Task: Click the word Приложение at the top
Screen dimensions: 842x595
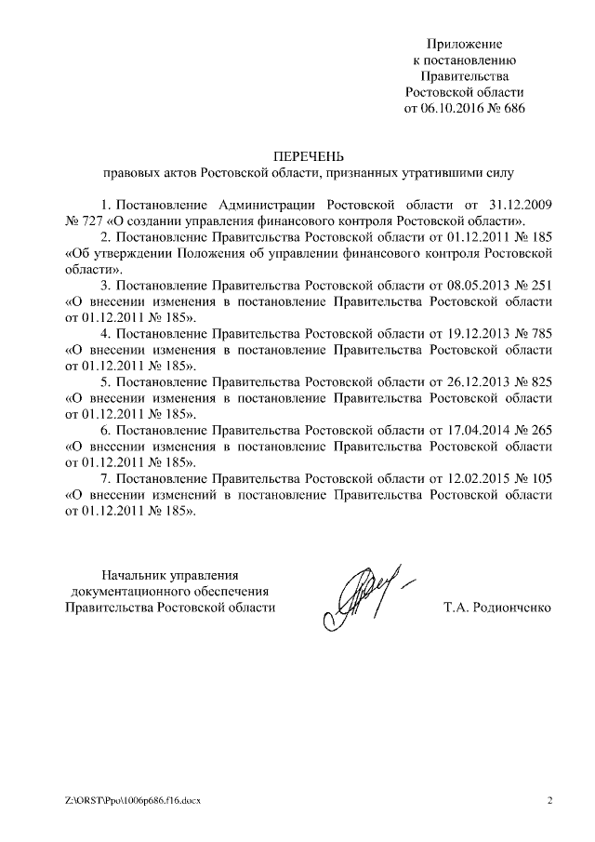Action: click(x=464, y=44)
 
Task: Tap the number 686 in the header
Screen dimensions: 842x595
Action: click(x=513, y=107)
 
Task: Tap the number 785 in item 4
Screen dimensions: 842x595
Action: click(x=540, y=334)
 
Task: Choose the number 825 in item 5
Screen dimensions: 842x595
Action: click(x=540, y=383)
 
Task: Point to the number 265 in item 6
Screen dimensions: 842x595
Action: click(x=540, y=431)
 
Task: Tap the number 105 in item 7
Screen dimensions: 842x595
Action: click(x=540, y=480)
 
